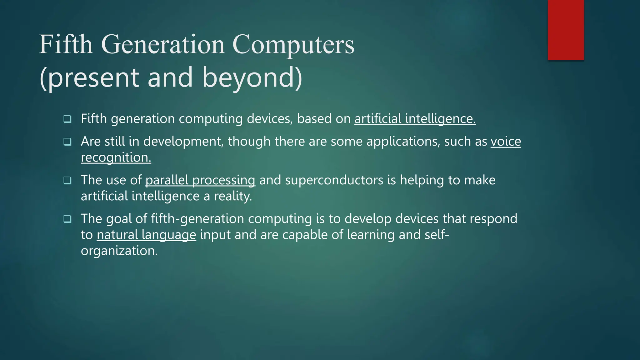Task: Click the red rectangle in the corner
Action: pyautogui.click(x=566, y=30)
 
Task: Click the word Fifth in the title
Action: pyautogui.click(x=66, y=44)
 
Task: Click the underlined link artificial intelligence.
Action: pyautogui.click(x=415, y=119)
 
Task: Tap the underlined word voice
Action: pyautogui.click(x=506, y=142)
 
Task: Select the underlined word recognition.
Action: pyautogui.click(x=116, y=157)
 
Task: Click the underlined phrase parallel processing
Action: pyautogui.click(x=200, y=180)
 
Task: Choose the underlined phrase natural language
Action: pyautogui.click(x=146, y=235)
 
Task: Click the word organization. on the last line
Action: pyautogui.click(x=119, y=251)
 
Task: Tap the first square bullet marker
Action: pyautogui.click(x=67, y=119)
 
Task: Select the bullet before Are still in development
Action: pyautogui.click(x=67, y=142)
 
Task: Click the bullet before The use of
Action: pyautogui.click(x=67, y=181)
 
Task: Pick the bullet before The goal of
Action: pyautogui.click(x=67, y=219)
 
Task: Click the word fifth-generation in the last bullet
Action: pyautogui.click(x=197, y=219)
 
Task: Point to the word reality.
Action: pyautogui.click(x=233, y=196)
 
